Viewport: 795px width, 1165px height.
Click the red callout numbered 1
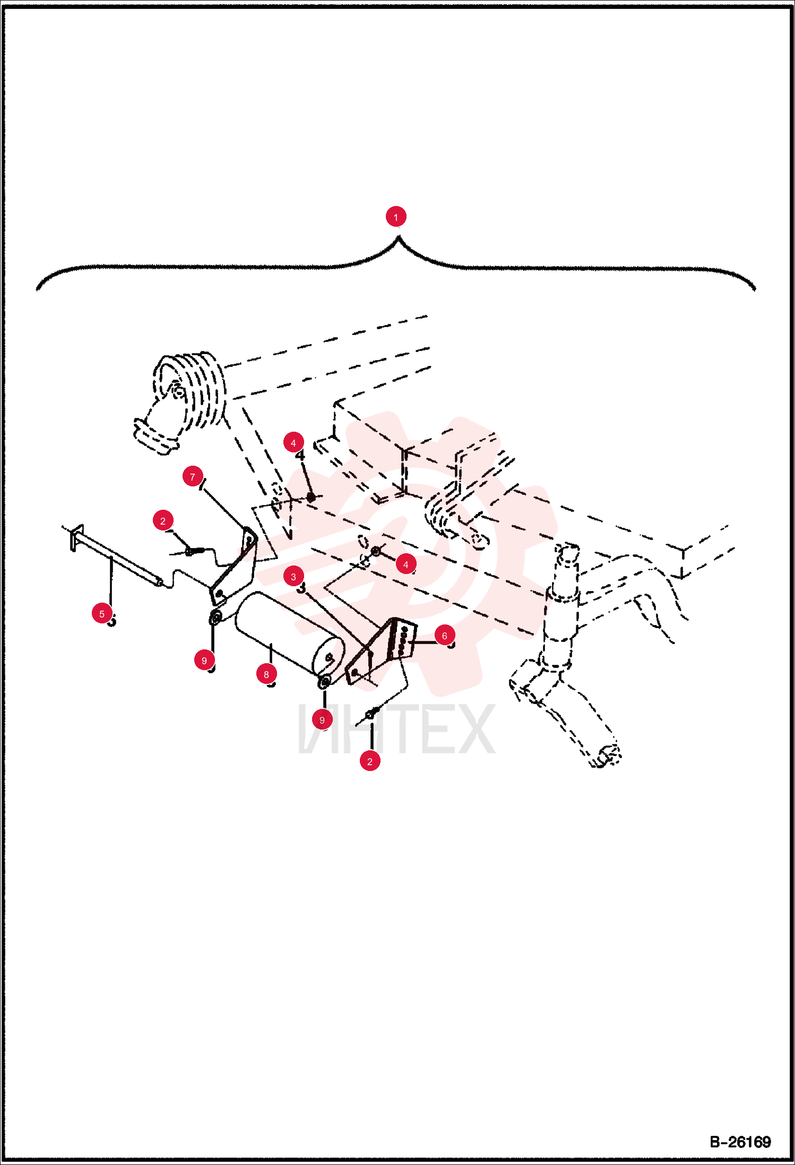click(395, 217)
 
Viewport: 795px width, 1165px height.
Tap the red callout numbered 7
click(193, 476)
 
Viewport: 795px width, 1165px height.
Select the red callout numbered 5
click(102, 613)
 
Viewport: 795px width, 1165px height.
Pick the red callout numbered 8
click(266, 674)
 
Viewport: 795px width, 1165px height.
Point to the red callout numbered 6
click(445, 635)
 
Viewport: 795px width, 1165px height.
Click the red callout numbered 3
click(293, 576)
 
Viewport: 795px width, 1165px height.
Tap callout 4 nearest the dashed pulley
click(293, 442)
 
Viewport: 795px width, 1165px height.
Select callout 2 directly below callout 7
click(163, 520)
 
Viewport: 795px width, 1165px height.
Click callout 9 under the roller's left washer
click(204, 660)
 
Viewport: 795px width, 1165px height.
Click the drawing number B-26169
click(740, 1142)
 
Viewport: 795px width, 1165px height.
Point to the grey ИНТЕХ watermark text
click(396, 729)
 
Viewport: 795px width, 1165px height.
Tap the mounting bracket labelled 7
click(234, 566)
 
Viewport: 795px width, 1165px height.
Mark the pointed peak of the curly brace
click(398, 237)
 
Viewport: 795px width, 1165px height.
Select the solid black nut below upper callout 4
click(311, 497)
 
